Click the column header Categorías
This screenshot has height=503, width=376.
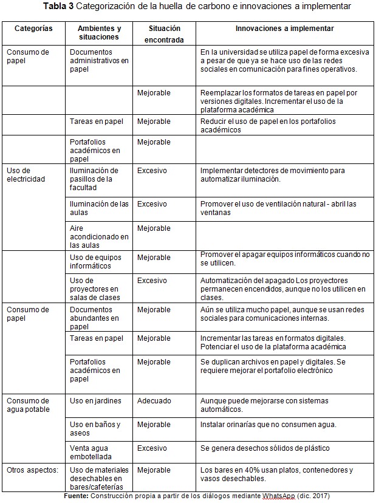pos(33,29)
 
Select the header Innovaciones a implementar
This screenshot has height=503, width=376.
pos(284,29)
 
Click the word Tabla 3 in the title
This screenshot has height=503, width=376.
pos(60,6)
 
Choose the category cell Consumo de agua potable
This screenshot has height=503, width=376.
pos(28,405)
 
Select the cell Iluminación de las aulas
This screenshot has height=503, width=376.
pos(99,208)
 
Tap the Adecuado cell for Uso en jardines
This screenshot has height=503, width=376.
pos(154,401)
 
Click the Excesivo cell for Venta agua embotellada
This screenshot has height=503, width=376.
pos(152,448)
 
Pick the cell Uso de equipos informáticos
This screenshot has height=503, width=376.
pos(95,262)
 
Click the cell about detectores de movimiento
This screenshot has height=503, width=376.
pos(273,175)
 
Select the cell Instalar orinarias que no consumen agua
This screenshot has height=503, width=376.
pos(268,425)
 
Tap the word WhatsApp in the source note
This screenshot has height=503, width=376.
pos(279,496)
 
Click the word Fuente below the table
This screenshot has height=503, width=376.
pos(77,496)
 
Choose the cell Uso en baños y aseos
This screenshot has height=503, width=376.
pos(95,428)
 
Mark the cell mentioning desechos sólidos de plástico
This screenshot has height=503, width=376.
pos(265,448)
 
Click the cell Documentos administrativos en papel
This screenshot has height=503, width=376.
pos(99,61)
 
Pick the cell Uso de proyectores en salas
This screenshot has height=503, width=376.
pos(95,289)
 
